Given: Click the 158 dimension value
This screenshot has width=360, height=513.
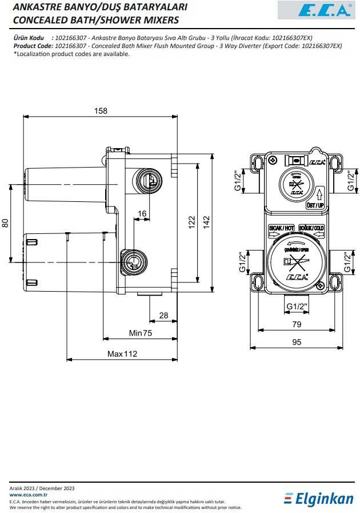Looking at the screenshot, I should click(101, 111).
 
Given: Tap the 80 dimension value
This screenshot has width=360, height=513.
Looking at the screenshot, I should click(5, 223).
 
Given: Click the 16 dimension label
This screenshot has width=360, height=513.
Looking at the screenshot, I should click(142, 213).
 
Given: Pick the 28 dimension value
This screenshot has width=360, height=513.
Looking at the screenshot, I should click(163, 315).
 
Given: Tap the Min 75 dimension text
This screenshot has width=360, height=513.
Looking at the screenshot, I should click(140, 333).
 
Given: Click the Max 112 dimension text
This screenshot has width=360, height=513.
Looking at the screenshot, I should click(122, 354).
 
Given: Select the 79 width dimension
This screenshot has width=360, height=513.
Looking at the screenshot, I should click(297, 325).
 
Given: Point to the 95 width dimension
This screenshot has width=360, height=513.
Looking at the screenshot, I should click(297, 342).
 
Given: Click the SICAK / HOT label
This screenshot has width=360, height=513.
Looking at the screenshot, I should click(282, 228).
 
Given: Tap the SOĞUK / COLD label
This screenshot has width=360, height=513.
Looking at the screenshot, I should click(312, 228).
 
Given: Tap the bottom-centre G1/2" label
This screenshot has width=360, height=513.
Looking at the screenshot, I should click(297, 306).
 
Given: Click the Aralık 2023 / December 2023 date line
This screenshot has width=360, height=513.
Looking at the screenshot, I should click(42, 488).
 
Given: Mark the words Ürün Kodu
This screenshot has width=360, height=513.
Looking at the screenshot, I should click(29, 37).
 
